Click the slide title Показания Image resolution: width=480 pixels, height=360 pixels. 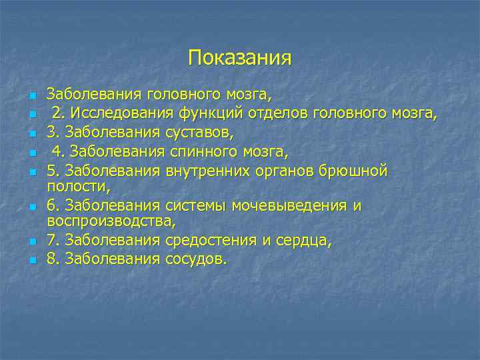point(240,58)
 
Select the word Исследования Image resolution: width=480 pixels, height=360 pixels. point(117,113)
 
